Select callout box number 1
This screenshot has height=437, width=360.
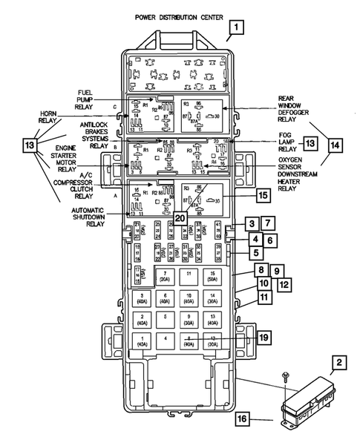[236, 29]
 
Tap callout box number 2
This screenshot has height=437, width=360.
[338, 364]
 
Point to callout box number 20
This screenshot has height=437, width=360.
[180, 218]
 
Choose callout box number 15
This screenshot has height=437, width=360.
[262, 196]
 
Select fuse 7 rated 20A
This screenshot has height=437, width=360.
[166, 278]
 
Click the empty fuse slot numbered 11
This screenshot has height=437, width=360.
[190, 275]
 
